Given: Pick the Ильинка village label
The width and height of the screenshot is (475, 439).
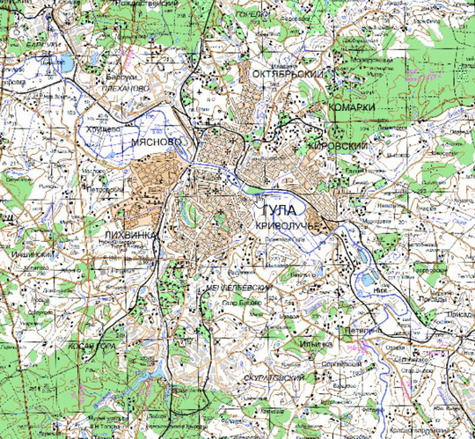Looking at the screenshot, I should (315, 344).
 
